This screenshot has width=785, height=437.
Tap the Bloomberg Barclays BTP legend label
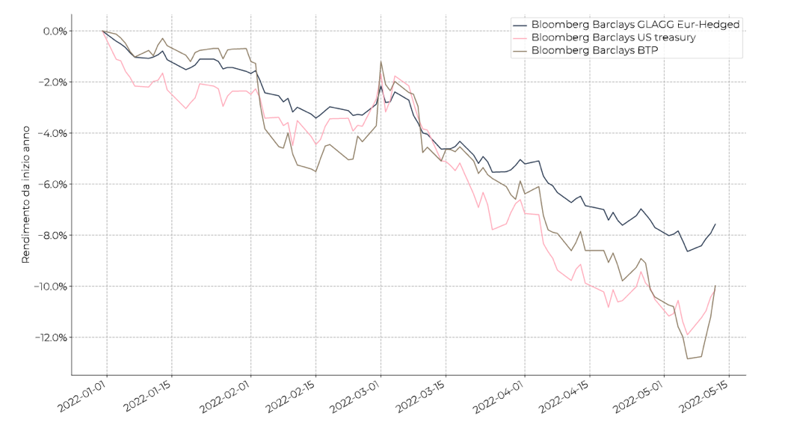(594, 51)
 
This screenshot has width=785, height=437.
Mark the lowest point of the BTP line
(688, 358)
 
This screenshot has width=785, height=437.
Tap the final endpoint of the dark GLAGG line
(715, 223)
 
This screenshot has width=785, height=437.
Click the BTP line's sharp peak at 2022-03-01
(381, 61)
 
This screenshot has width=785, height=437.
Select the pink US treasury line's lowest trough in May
(687, 335)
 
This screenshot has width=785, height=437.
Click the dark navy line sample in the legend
(520, 24)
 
